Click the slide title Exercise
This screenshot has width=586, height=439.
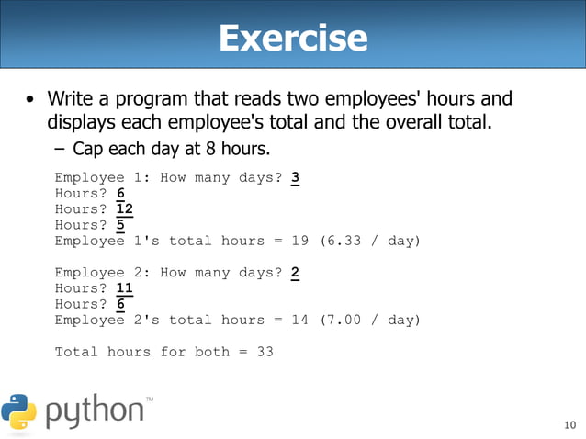[x=293, y=39]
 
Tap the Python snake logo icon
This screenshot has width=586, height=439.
[x=18, y=412]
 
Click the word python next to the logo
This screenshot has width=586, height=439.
[x=94, y=411]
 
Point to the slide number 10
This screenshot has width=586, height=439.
[x=569, y=424]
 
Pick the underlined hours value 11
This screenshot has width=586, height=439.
[x=126, y=288]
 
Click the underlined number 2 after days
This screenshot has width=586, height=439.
[x=295, y=273]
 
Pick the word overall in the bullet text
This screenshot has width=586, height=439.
[x=398, y=121]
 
